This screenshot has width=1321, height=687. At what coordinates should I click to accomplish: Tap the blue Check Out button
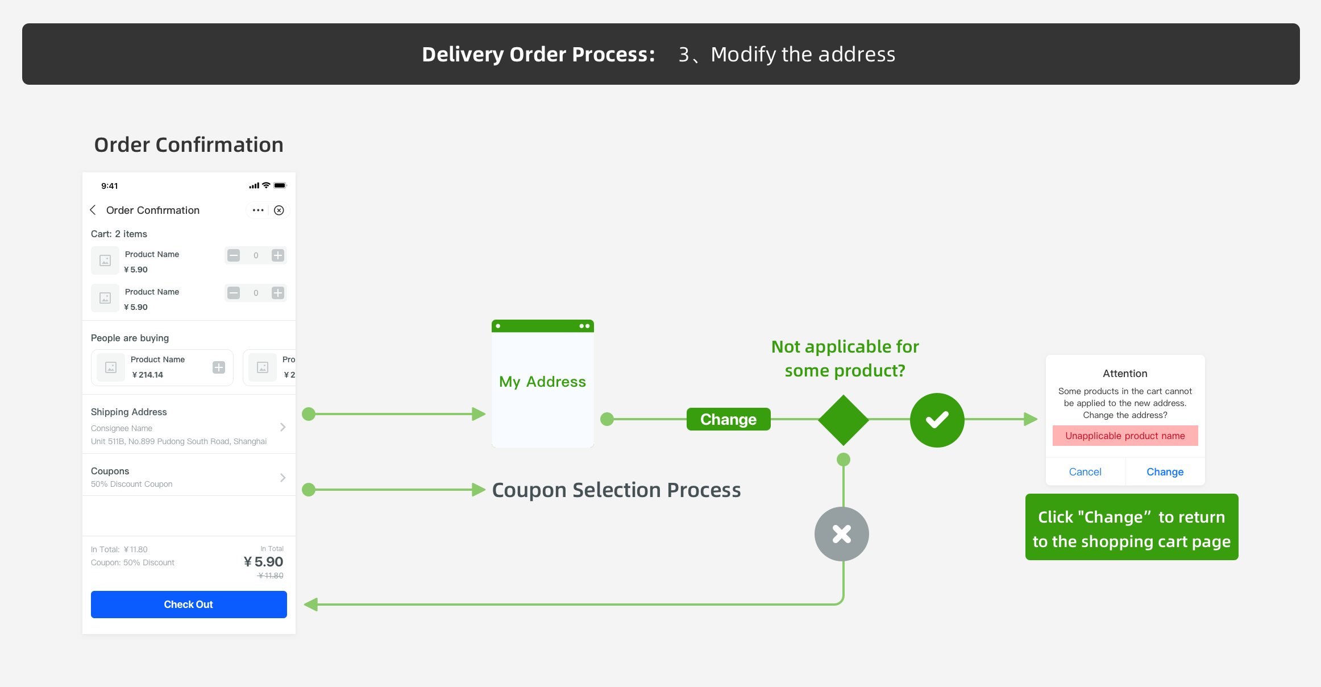click(x=189, y=605)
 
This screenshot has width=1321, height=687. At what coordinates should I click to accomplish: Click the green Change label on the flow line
click(x=728, y=419)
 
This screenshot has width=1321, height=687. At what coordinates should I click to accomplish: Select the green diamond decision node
click(x=844, y=420)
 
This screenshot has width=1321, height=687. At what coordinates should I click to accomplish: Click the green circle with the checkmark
click(x=937, y=420)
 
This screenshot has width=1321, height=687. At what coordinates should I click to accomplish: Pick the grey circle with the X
click(x=842, y=534)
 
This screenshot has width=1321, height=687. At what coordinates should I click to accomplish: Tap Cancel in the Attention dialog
click(x=1085, y=472)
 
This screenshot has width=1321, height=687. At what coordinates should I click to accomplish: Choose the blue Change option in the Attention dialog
click(x=1165, y=472)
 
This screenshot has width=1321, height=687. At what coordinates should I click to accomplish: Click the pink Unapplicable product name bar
click(x=1125, y=436)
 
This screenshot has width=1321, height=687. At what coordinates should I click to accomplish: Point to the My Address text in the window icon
click(x=542, y=382)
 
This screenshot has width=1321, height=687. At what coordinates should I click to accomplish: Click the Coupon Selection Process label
click(x=616, y=490)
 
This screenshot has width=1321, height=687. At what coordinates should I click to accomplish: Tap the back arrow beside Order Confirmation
click(x=93, y=210)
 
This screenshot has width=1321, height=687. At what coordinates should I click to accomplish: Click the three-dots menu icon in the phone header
click(x=258, y=210)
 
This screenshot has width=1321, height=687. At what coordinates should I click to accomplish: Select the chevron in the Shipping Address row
click(x=283, y=427)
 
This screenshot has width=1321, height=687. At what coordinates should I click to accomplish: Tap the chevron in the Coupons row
click(x=283, y=478)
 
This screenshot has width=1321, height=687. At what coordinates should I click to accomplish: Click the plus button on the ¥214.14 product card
click(x=219, y=367)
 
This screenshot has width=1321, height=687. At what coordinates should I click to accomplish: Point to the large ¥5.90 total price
click(x=264, y=562)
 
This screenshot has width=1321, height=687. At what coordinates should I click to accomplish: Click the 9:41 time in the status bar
click(x=110, y=186)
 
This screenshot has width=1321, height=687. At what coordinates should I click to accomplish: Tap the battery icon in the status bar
click(x=280, y=185)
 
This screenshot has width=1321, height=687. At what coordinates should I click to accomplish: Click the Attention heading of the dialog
click(x=1125, y=374)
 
